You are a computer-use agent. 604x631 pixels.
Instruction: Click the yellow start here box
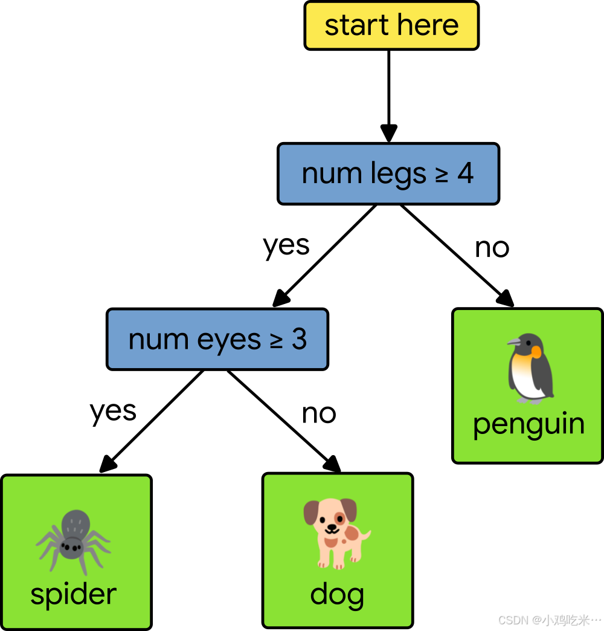pyautogui.click(x=391, y=25)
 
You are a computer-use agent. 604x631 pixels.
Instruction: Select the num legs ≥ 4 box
pyautogui.click(x=388, y=173)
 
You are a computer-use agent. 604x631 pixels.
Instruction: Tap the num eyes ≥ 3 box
pyautogui.click(x=217, y=339)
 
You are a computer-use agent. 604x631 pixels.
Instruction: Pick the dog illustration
pyautogui.click(x=336, y=532)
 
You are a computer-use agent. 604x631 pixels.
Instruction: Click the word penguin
pyautogui.click(x=528, y=424)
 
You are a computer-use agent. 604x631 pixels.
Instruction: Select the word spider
pyautogui.click(x=73, y=594)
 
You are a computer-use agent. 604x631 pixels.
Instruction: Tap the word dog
pyautogui.click(x=337, y=595)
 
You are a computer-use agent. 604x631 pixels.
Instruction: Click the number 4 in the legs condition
pyautogui.click(x=465, y=173)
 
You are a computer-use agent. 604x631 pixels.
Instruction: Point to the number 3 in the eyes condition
pyautogui.click(x=299, y=339)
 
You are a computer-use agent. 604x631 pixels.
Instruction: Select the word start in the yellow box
pyautogui.click(x=356, y=25)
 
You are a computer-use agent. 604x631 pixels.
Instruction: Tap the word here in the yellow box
pyautogui.click(x=428, y=25)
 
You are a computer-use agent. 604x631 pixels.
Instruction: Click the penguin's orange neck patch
pyautogui.click(x=535, y=352)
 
